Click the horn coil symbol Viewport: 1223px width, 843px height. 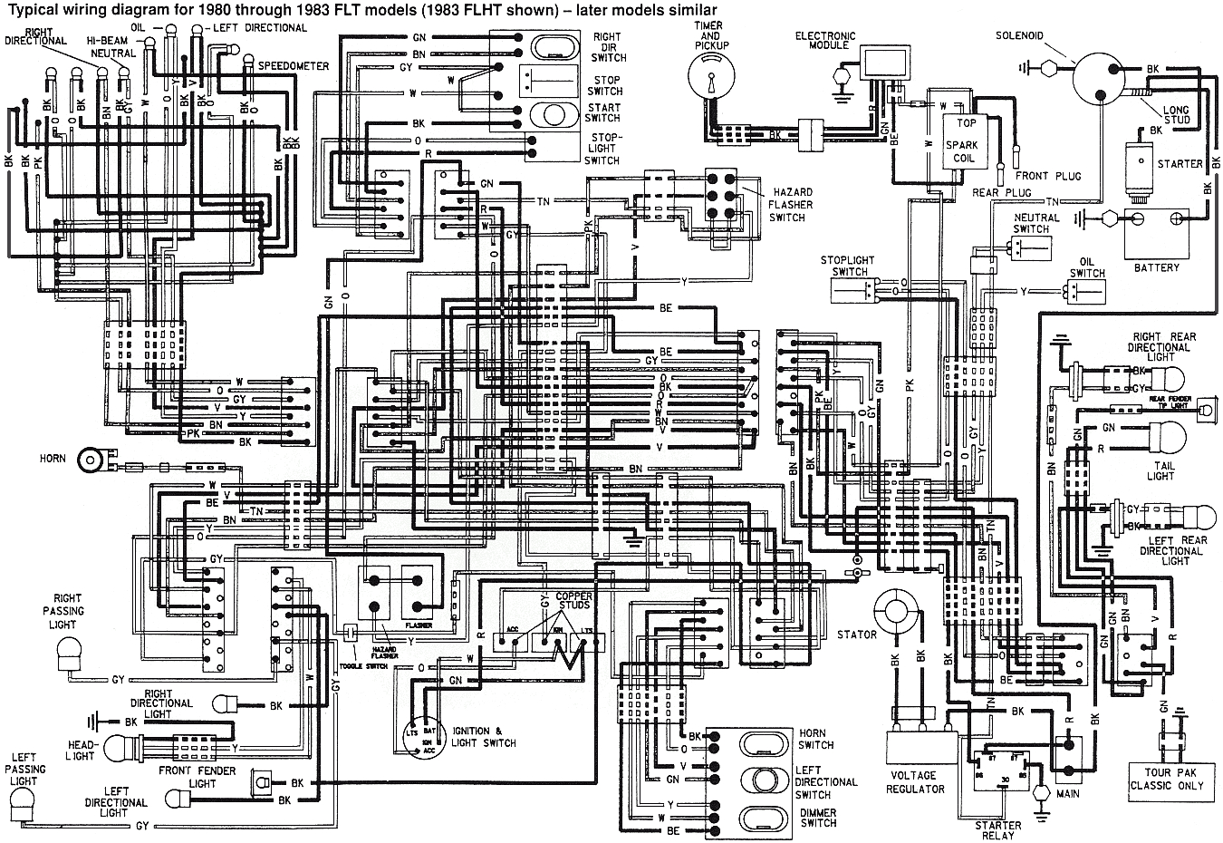pyautogui.click(x=91, y=460)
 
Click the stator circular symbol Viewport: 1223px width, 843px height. pyautogui.click(x=896, y=611)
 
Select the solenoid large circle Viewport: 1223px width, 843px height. pyautogui.click(x=1097, y=77)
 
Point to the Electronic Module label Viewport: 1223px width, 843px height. pyautogui.click(x=825, y=41)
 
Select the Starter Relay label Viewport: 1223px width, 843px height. pyautogui.click(x=997, y=830)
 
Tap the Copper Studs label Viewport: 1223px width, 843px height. pyautogui.click(x=573, y=600)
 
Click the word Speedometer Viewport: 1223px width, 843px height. pyautogui.click(x=294, y=66)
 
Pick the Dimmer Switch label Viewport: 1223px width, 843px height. pyautogui.click(x=817, y=818)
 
